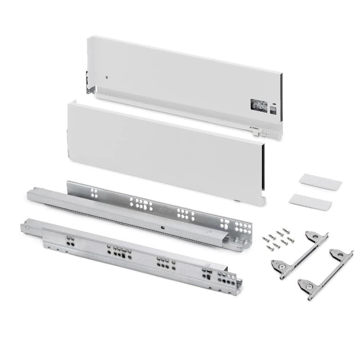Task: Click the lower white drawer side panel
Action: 162,148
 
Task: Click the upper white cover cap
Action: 320,181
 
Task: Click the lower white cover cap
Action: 310,202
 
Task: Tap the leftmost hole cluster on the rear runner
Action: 94,193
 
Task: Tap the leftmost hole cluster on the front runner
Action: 69,240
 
